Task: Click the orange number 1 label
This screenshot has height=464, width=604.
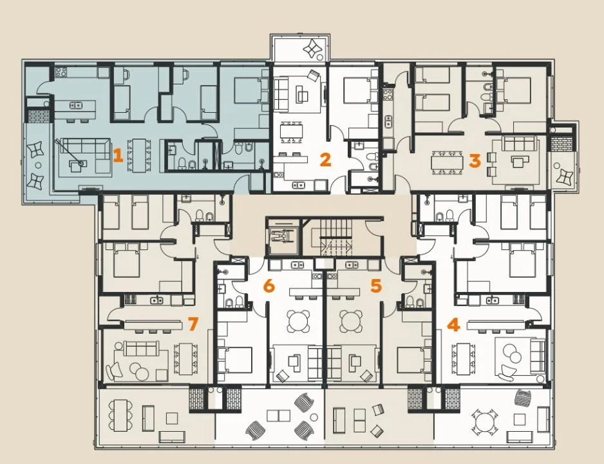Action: (118, 156)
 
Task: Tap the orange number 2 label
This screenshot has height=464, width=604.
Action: (325, 160)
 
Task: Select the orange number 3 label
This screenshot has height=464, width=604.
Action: (475, 160)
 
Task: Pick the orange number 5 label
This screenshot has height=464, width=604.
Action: (376, 285)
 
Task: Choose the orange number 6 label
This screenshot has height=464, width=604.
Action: (269, 285)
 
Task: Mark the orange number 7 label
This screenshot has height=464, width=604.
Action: (193, 324)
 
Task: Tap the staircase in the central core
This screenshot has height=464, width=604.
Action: (336, 237)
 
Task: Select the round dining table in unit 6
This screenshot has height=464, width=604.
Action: (298, 322)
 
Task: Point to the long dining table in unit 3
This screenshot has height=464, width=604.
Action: (447, 162)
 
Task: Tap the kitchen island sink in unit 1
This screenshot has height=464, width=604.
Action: (75, 105)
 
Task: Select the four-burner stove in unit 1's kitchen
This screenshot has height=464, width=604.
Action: (61, 72)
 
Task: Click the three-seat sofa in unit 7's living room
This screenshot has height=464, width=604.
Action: (140, 349)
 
